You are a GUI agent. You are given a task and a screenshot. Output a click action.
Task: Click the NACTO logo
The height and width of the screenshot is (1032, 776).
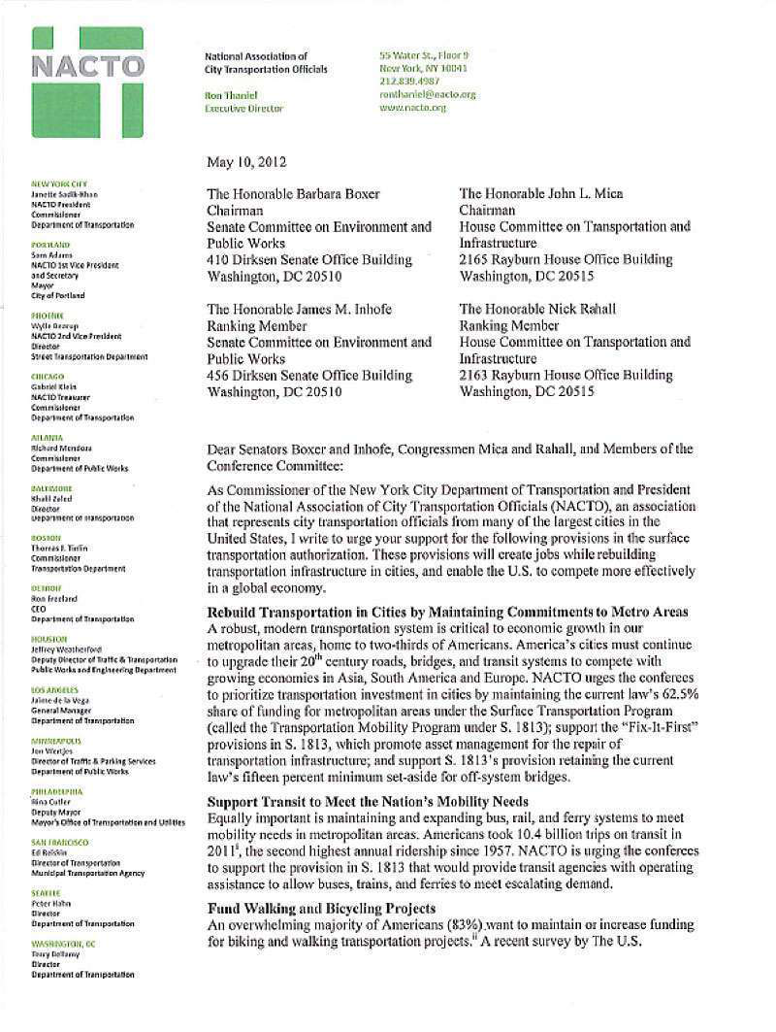pos(87,82)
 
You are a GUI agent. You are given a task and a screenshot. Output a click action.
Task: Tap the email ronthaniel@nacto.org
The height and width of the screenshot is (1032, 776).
pos(427,94)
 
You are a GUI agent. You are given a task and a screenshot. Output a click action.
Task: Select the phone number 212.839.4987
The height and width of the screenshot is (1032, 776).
pos(409,82)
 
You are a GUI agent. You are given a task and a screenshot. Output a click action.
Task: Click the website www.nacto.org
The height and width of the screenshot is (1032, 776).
pos(412,108)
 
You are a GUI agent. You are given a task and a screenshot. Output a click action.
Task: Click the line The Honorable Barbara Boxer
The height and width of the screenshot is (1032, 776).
pos(293,193)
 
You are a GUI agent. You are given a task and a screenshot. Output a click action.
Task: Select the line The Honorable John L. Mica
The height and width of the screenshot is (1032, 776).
pos(540,193)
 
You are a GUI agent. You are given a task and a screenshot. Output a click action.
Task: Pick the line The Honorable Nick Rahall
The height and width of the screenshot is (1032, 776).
pos(536,309)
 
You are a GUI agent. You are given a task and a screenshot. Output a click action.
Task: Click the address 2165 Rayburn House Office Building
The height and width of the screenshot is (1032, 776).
pos(566,259)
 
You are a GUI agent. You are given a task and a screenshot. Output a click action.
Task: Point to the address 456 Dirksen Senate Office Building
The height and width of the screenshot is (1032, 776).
pos(309,375)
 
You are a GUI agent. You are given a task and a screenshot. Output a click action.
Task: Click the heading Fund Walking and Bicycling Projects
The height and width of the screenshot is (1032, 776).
pos(321,908)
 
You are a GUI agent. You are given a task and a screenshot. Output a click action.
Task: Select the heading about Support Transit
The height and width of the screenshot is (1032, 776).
pos(368,801)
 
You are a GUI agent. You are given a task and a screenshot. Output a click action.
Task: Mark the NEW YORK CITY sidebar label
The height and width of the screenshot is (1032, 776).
pos(59,183)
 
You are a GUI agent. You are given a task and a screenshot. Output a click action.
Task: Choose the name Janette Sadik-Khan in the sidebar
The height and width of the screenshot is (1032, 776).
pos(67,194)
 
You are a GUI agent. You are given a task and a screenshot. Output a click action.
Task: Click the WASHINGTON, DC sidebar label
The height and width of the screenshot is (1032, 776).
pos(63,944)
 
